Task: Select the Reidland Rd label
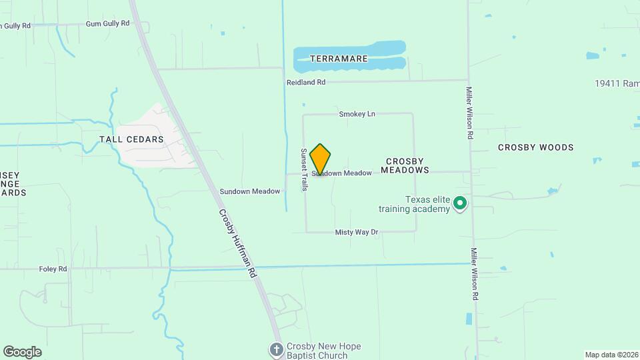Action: [x=306, y=82]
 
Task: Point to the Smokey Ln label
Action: [x=357, y=114]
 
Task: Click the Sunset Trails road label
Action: [x=303, y=169]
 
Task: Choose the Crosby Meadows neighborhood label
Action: [x=405, y=166]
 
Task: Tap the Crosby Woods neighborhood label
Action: [x=535, y=147]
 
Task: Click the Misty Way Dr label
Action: [x=356, y=232]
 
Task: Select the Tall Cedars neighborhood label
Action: [x=131, y=139]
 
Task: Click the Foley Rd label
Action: [x=53, y=269]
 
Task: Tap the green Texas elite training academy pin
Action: [x=459, y=203]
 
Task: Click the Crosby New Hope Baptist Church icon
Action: [x=277, y=349]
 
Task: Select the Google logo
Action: [x=22, y=352]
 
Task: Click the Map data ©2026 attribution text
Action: [x=610, y=355]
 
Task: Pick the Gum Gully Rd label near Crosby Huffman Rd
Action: [x=107, y=23]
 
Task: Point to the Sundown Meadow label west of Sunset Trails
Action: [x=250, y=191]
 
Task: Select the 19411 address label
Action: [x=617, y=84]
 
